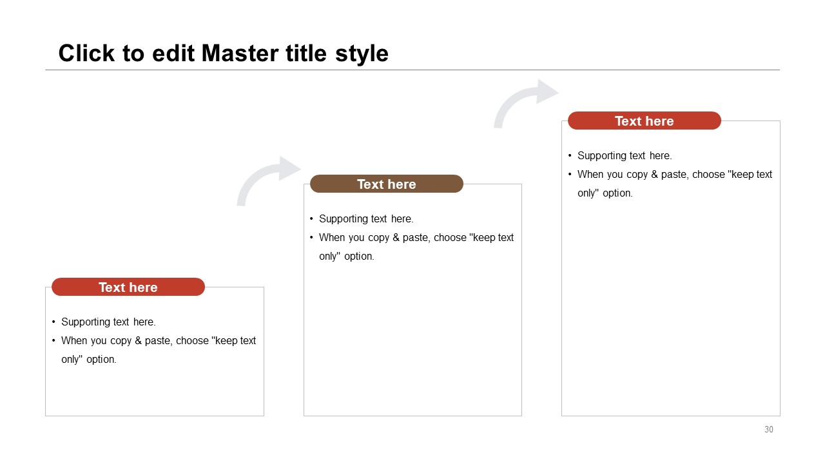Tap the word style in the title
(362, 55)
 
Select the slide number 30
(769, 429)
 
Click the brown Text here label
(386, 184)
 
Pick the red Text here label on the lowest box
(128, 287)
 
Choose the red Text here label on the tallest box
(644, 121)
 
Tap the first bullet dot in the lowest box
(53, 322)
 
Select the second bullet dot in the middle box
(311, 238)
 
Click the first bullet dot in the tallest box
(570, 156)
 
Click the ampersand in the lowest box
(138, 341)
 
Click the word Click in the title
(86, 53)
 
